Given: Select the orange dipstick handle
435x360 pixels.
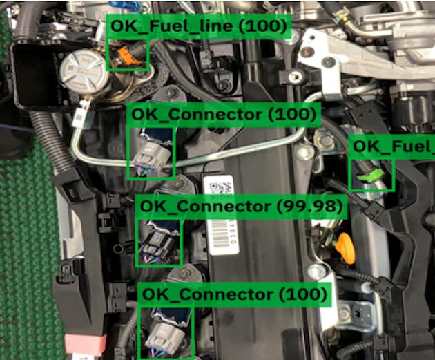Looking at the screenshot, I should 344,245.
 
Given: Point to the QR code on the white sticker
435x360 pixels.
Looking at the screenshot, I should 220,187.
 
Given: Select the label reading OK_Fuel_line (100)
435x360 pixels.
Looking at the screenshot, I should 198,26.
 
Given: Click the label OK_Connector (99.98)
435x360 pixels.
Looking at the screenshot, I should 242,206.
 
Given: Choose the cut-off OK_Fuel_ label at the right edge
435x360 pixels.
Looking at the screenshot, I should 392,146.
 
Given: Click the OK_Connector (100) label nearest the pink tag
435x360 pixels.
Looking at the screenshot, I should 234,294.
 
